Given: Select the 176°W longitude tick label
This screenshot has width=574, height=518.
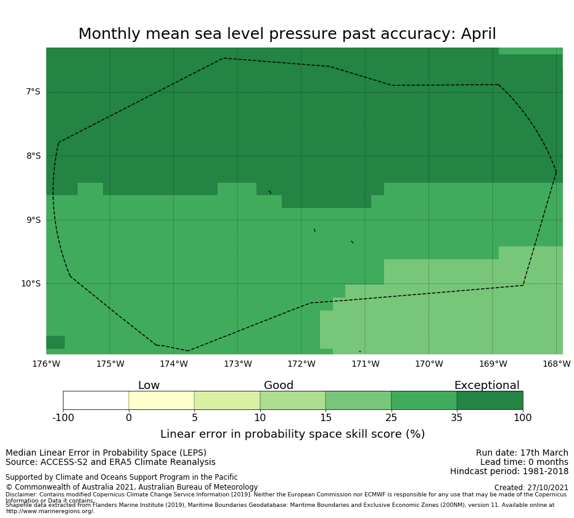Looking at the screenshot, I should pyautogui.click(x=46, y=364).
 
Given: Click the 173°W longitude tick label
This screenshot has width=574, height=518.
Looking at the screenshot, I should pyautogui.click(x=237, y=364).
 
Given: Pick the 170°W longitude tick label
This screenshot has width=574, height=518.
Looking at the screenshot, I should pyautogui.click(x=428, y=364).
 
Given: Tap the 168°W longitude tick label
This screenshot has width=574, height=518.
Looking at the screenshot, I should pyautogui.click(x=556, y=364).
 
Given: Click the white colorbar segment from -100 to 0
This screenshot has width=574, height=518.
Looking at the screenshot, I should pyautogui.click(x=96, y=400).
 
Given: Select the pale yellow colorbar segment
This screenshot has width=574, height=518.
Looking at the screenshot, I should pyautogui.click(x=162, y=400).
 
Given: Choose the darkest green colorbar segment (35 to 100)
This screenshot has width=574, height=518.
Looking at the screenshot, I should pyautogui.click(x=490, y=400).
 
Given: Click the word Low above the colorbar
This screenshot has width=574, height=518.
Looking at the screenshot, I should pyautogui.click(x=149, y=386).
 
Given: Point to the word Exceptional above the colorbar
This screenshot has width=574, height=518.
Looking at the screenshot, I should pyautogui.click(x=486, y=386).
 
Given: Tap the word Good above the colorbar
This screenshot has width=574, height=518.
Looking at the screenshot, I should pyautogui.click(x=279, y=386).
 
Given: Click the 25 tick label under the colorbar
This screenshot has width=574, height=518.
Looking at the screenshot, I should pyautogui.click(x=392, y=418).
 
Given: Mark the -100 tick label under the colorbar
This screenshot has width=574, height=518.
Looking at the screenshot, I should pyautogui.click(x=63, y=418).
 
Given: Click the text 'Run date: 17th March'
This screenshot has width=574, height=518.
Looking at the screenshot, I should pyautogui.click(x=522, y=453).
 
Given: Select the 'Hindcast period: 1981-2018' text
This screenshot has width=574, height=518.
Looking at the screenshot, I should pyautogui.click(x=509, y=472).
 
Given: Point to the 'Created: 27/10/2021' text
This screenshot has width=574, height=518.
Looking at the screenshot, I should pyautogui.click(x=530, y=488).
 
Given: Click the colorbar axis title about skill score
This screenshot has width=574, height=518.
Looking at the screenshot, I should pyautogui.click(x=292, y=434).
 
